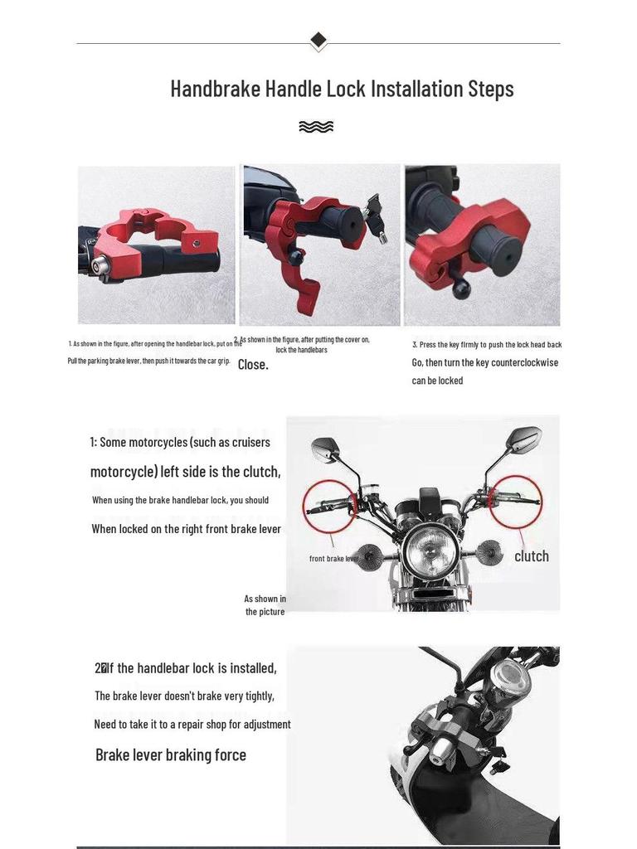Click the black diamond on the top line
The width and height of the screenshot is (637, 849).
coord(318,40)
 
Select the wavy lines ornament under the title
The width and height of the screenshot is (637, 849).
coord(316,127)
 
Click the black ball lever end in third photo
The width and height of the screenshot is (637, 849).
coord(461,289)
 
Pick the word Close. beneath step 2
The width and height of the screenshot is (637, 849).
coord(253,365)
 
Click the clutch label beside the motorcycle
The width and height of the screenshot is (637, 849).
coord(532,556)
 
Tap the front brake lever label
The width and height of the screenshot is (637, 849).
coord(333,559)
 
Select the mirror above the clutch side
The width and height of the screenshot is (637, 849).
coord(525,435)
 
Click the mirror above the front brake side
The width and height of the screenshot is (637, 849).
coord(325,449)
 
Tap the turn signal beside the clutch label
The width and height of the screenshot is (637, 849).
coord(489,547)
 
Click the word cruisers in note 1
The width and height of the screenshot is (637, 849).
coord(244,442)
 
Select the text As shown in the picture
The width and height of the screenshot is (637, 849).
coord(265,605)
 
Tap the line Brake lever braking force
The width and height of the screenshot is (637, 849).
coord(171,754)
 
